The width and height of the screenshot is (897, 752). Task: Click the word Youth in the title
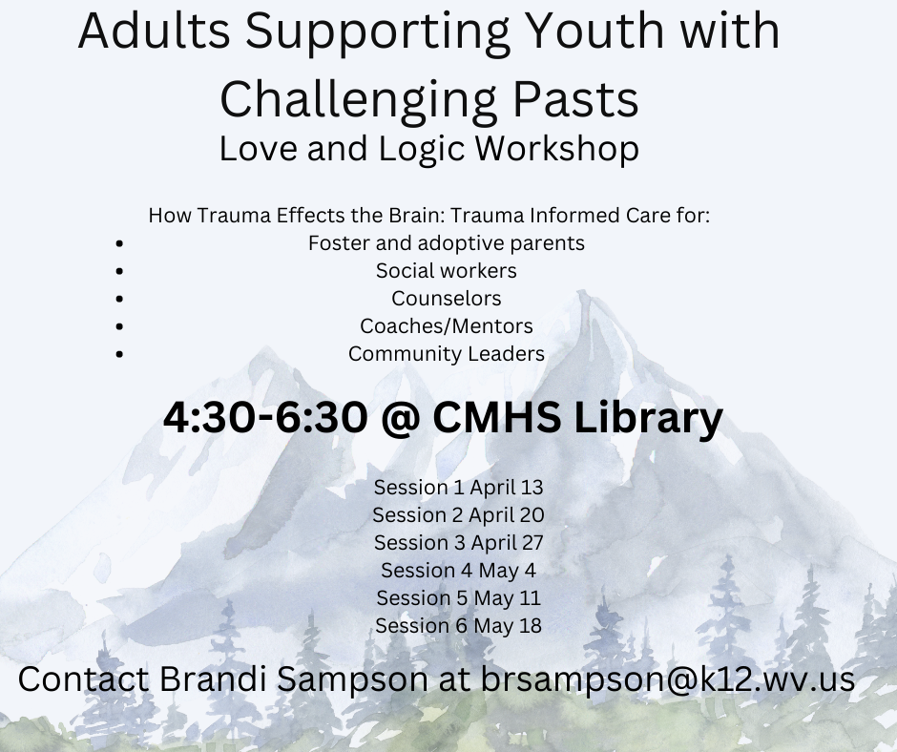(x=595, y=31)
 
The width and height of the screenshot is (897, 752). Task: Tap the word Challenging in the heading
(x=358, y=101)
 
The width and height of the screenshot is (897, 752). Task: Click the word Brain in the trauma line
(x=416, y=215)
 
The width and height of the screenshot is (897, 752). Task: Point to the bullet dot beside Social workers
(x=119, y=271)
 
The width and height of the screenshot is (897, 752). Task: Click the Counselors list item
(x=447, y=298)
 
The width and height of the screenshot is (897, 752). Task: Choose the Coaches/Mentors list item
(x=447, y=326)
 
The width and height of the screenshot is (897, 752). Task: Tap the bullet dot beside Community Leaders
(x=119, y=354)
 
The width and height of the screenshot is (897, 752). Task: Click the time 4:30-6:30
(x=265, y=417)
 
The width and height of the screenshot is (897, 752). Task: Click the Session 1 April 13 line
(x=458, y=488)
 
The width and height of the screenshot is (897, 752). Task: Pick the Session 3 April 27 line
(x=458, y=543)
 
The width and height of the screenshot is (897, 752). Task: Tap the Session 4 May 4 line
(x=458, y=571)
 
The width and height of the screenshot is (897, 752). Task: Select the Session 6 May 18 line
(x=458, y=625)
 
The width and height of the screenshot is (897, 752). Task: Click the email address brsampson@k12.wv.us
(x=668, y=679)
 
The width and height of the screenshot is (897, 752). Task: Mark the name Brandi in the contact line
(x=213, y=679)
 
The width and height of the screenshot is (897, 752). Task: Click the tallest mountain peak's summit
(x=583, y=292)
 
